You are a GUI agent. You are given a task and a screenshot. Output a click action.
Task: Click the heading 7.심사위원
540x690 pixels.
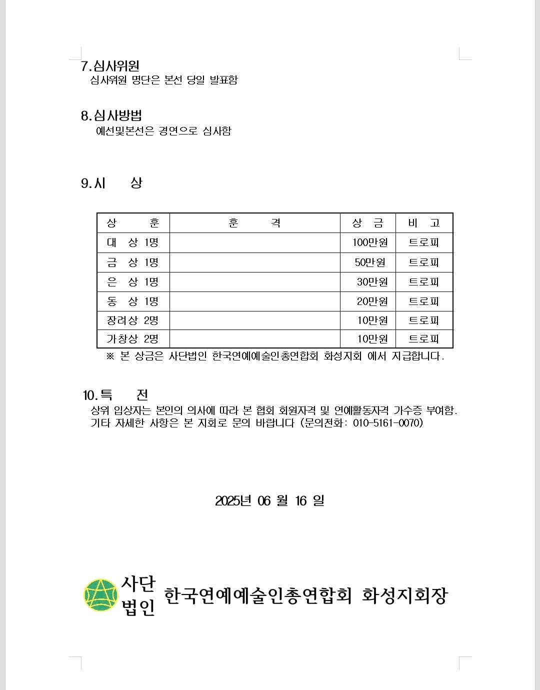[110, 66]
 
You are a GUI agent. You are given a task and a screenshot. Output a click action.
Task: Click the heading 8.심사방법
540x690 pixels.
[111, 115]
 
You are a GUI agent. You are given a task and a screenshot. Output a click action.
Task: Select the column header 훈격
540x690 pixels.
[254, 223]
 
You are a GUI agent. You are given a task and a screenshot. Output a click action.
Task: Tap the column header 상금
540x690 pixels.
[367, 223]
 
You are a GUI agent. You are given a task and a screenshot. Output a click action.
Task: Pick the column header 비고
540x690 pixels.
[424, 223]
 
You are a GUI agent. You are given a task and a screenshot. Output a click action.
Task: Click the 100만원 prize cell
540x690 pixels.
[370, 242]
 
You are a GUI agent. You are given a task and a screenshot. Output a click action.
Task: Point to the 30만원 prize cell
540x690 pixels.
[372, 282]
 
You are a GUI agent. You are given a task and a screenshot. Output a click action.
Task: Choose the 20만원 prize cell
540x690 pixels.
[372, 301]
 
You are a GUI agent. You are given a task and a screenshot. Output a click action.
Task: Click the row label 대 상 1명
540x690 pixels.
[132, 242]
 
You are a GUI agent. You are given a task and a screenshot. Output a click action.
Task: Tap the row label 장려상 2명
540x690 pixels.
[132, 320]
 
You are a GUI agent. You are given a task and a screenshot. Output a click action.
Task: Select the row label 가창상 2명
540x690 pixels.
[132, 339]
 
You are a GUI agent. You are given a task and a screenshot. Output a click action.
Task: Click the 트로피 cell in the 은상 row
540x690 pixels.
[424, 282]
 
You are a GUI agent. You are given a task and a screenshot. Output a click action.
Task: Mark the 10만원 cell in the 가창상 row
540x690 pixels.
[372, 339]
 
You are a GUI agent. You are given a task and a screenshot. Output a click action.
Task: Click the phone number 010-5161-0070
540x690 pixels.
[387, 423]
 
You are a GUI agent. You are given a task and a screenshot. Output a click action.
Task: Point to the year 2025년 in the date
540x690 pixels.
[233, 500]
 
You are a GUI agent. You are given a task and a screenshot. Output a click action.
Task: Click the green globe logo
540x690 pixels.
[101, 595]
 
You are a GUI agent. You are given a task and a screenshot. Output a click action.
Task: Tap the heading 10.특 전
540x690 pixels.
[115, 395]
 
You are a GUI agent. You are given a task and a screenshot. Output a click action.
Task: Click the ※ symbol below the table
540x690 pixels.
[110, 356]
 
